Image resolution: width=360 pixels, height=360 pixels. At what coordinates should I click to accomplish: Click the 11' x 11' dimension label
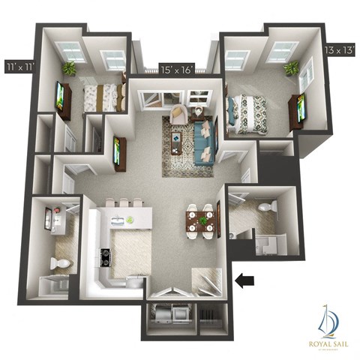point(19,65)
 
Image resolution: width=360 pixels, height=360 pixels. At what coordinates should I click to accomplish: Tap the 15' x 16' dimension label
point(177,70)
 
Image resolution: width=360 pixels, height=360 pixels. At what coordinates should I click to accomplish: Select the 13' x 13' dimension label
point(340,50)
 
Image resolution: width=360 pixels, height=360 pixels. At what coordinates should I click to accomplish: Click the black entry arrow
point(245,281)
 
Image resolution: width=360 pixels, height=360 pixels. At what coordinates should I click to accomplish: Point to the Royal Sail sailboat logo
point(328,319)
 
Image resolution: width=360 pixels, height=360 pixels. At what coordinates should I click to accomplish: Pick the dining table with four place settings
point(200,221)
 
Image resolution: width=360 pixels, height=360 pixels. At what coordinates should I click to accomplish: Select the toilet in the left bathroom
point(60,263)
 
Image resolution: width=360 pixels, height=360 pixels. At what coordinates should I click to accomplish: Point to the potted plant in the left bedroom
point(69,68)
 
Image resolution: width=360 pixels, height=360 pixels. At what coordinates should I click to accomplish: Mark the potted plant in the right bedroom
point(290,68)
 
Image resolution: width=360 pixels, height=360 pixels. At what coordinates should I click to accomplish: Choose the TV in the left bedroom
point(59,95)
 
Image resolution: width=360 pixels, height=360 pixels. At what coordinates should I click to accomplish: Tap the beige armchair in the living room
point(179,115)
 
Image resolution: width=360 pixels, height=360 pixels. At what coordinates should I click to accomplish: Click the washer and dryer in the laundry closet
point(171,313)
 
